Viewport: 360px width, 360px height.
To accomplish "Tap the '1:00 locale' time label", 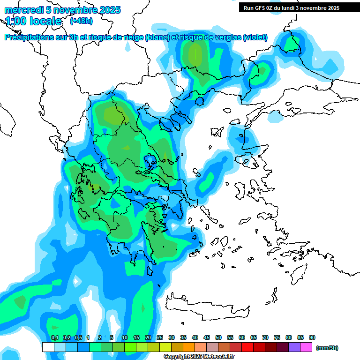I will point(33,21).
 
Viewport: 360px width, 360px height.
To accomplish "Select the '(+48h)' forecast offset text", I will point(81,21).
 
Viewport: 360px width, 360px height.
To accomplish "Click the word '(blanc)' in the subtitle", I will point(157,37).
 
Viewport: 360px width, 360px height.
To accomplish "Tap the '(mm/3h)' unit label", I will point(327,348).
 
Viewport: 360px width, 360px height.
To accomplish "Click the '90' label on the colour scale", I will point(312,338).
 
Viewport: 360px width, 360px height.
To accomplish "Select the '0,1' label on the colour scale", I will point(54,338).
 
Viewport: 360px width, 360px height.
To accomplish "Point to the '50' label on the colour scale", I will point(218,338).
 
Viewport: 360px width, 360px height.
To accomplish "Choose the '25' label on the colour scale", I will point(160,338).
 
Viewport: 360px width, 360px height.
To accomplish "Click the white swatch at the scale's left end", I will point(48,347).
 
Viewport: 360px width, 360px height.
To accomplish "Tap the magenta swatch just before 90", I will point(306,347).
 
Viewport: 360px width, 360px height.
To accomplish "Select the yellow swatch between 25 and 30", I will point(165,347).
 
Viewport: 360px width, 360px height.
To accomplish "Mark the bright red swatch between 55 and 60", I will point(247,347).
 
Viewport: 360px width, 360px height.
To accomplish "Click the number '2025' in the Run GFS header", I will point(333,8).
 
